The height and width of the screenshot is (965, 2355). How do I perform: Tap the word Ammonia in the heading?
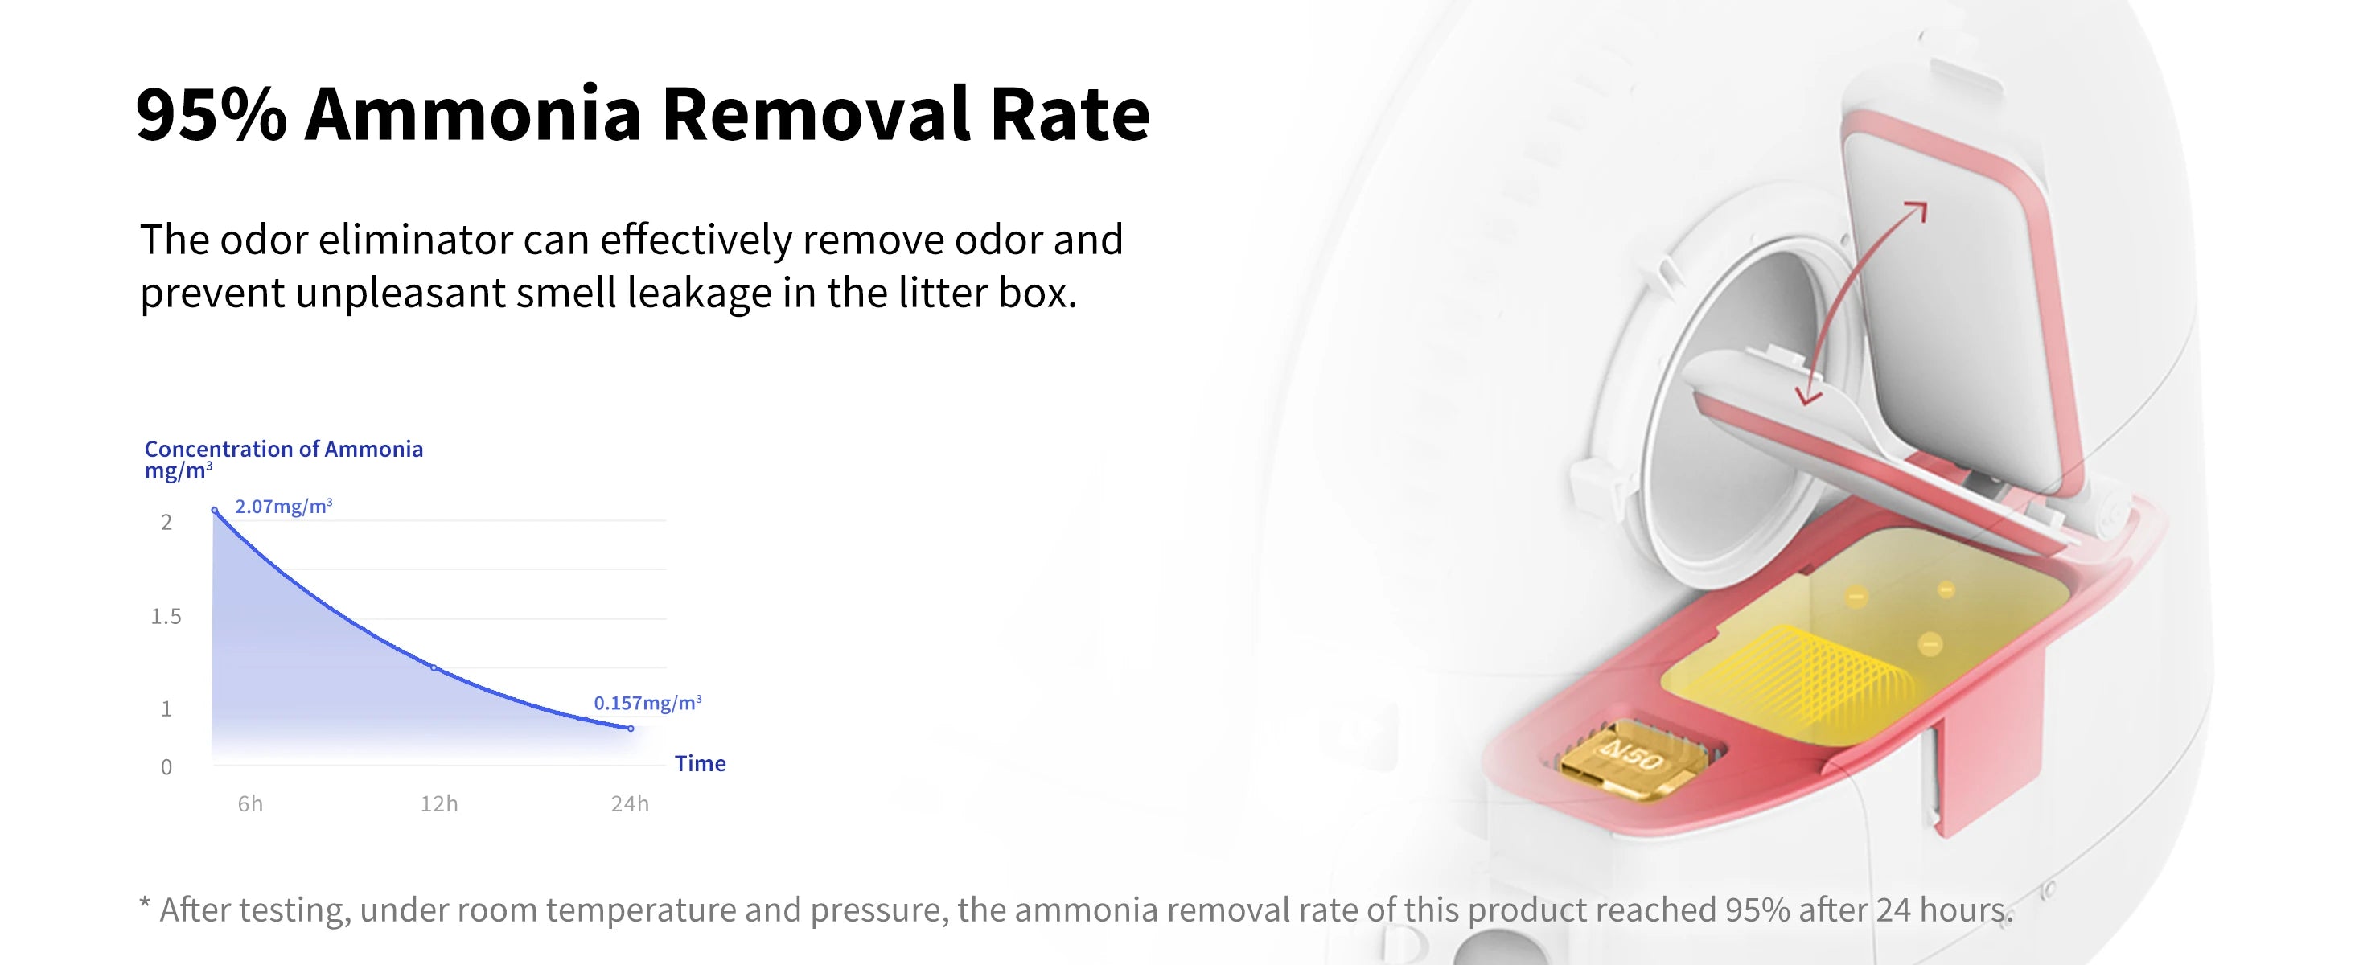[x=474, y=114]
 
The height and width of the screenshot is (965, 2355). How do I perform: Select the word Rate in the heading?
[x=1070, y=114]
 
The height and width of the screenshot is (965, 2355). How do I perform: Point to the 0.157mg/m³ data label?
[x=647, y=703]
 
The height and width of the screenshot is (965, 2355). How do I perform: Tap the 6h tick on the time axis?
[x=249, y=803]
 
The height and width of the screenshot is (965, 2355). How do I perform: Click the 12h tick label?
[x=439, y=803]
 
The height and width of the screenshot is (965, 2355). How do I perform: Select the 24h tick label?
[x=630, y=803]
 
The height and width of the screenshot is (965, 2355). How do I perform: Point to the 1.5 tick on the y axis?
[x=166, y=617]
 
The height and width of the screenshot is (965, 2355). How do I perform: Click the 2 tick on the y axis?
[x=166, y=523]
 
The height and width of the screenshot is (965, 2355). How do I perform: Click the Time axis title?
[x=701, y=763]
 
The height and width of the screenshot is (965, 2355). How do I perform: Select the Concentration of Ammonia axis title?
[x=283, y=449]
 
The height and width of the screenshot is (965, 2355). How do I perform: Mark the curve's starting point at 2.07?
[x=215, y=510]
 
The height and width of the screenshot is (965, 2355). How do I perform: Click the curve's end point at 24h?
[x=631, y=729]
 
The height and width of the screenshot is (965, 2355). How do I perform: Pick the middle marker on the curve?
[x=435, y=668]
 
